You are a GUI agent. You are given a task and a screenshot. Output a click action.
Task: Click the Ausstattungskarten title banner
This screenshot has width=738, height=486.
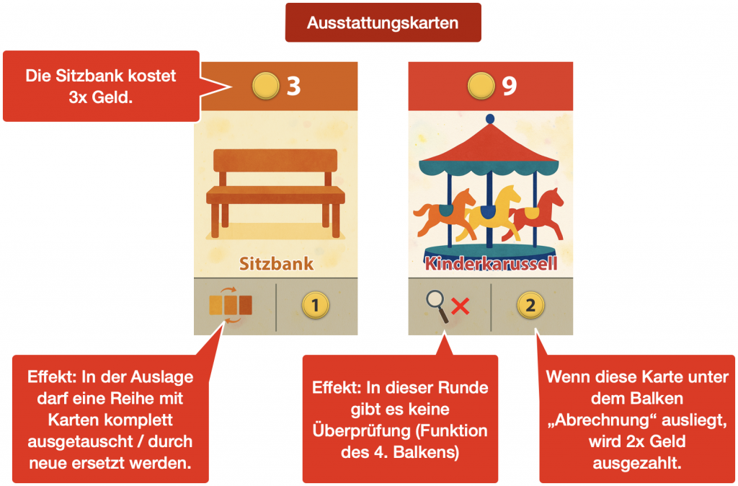pyautogui.click(x=383, y=22)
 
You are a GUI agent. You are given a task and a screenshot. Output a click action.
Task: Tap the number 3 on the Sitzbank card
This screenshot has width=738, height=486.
pyautogui.click(x=293, y=87)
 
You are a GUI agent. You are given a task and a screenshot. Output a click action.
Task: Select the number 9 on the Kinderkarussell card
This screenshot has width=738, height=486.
pyautogui.click(x=509, y=87)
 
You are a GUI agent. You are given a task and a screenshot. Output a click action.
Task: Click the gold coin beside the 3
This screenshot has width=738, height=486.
pyautogui.click(x=266, y=87)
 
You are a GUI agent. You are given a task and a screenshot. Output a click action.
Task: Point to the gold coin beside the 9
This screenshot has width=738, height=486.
pyautogui.click(x=481, y=87)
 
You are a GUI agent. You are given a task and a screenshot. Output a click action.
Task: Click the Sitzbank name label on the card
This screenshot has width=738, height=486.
pyautogui.click(x=277, y=262)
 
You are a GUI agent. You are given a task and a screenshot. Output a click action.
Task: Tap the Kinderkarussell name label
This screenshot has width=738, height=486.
pyautogui.click(x=491, y=262)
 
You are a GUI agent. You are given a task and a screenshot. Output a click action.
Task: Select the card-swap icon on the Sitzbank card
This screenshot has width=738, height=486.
pyautogui.click(x=231, y=305)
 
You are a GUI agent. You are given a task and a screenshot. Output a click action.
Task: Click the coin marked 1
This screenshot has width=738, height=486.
pyautogui.click(x=315, y=306)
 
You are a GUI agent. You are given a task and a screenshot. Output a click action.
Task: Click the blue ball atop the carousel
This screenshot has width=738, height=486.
pyautogui.click(x=490, y=118)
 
